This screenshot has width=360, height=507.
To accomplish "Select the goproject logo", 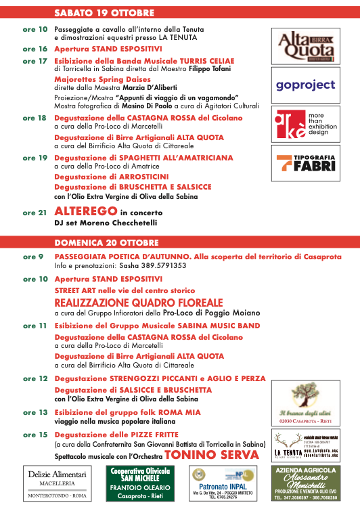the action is click(305, 85).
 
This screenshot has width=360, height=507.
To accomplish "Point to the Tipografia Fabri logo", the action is click(305, 162).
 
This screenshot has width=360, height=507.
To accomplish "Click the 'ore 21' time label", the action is click(35, 213).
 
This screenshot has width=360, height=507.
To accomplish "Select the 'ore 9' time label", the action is click(32, 257).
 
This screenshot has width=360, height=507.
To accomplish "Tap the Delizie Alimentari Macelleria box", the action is click(56, 483).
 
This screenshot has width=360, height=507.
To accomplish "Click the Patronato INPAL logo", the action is click(222, 483).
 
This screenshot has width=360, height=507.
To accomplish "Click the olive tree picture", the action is click(305, 401).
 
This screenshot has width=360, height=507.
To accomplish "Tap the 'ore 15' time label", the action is click(35, 434).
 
